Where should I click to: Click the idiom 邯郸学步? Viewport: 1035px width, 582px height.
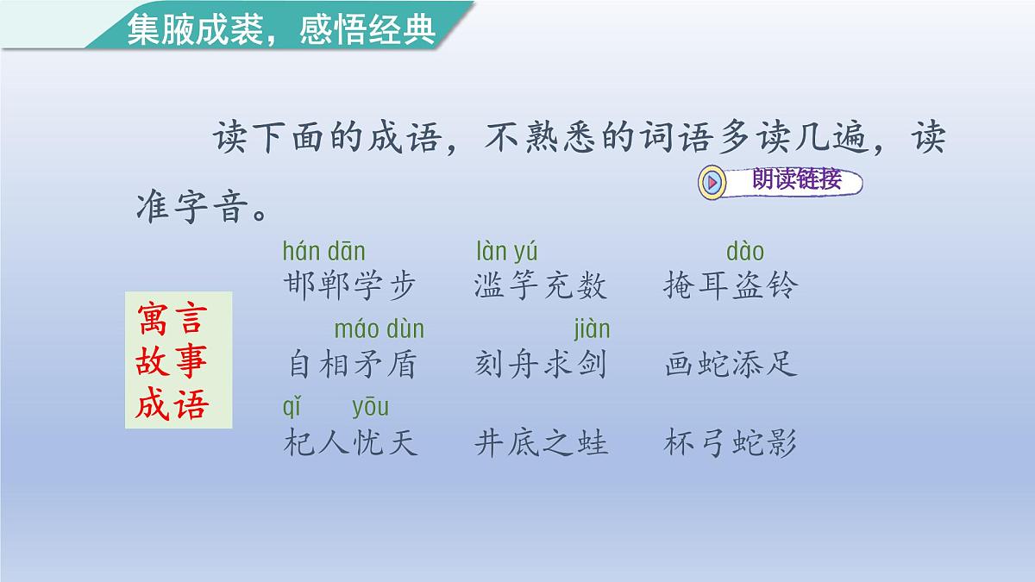click(x=349, y=285)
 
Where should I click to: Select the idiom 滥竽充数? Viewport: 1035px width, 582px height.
click(x=541, y=285)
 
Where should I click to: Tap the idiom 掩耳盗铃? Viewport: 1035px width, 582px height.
click(x=731, y=285)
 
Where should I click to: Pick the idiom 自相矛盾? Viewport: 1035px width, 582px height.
click(x=351, y=364)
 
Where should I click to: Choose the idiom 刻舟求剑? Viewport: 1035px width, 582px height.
click(x=541, y=364)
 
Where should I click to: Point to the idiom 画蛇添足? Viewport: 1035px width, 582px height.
click(x=731, y=364)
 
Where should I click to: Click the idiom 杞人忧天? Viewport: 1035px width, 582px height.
click(x=350, y=442)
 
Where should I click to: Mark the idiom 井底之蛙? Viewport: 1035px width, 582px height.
click(x=541, y=442)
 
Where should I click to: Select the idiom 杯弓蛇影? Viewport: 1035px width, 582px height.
click(x=731, y=442)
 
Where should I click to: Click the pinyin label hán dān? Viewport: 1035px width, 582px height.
click(x=324, y=252)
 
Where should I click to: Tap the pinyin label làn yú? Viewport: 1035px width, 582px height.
click(x=506, y=252)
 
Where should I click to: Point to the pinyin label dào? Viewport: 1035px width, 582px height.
click(x=745, y=252)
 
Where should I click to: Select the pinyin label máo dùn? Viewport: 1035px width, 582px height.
click(x=379, y=329)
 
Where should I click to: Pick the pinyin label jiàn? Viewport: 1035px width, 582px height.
click(x=592, y=329)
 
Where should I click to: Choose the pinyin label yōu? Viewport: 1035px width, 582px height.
click(x=370, y=407)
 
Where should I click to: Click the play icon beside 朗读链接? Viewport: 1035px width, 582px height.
click(x=713, y=182)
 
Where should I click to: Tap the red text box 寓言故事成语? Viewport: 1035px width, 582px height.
click(x=179, y=360)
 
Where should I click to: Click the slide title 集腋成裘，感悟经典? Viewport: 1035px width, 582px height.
click(x=280, y=29)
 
